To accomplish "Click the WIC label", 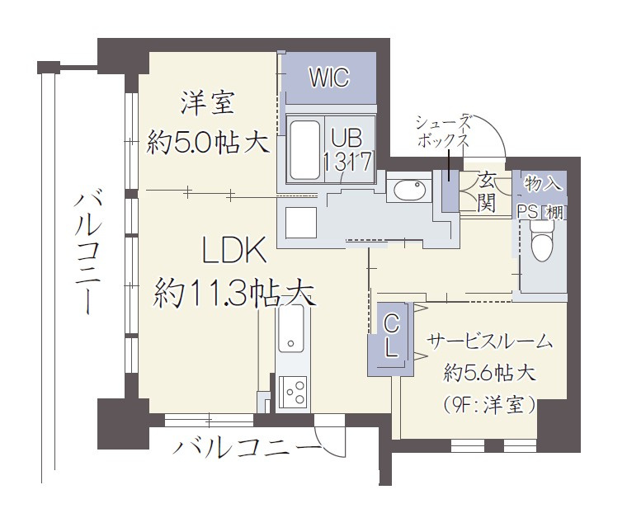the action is tap(329, 78).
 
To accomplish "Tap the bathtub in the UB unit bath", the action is tap(304, 150).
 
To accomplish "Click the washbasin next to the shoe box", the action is tap(409, 190).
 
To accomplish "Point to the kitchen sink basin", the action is tap(290, 328).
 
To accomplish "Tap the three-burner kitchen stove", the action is tap(292, 392).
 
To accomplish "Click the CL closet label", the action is tap(391, 335).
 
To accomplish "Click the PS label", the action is tap(527, 212).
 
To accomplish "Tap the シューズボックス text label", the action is tap(443, 131).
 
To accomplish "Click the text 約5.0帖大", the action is tap(207, 143).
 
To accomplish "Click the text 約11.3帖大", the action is tap(234, 292).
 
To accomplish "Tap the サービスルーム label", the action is tap(490, 341).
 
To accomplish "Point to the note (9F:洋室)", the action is tap(488, 406).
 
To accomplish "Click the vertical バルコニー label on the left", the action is tap(88, 252).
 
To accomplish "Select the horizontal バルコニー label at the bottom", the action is tap(247, 447).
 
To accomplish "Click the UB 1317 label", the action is tap(347, 150).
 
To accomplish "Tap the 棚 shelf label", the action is tap(554, 212).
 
